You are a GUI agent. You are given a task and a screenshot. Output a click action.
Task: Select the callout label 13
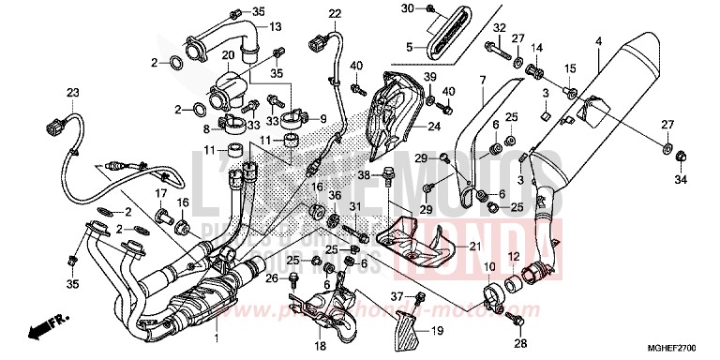tap(276, 27)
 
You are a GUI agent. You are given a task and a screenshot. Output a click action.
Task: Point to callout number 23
tap(70, 91)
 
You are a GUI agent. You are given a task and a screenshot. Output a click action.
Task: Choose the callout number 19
tap(437, 331)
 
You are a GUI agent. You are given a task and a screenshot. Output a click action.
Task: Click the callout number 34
tap(682, 180)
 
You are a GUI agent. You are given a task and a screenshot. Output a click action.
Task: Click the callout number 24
tap(434, 127)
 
